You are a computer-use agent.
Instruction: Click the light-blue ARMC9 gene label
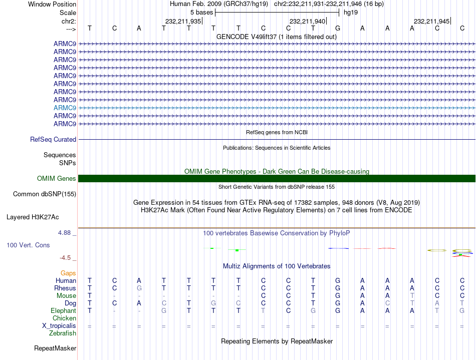pos(65,108)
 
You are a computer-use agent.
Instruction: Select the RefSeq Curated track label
pos(53,140)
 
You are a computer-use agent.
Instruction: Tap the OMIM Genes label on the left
pos(57,179)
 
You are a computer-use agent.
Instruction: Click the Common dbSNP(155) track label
pos(45,194)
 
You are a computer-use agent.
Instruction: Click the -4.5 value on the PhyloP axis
pos(65,258)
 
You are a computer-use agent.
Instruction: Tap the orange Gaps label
pos(68,273)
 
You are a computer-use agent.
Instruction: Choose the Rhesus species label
pos(65,288)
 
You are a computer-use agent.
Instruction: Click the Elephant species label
pos(63,311)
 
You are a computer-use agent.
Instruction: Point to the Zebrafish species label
pos(62,333)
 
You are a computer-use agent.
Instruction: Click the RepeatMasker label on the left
pos(55,348)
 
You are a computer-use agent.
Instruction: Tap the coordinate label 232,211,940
pos(307,21)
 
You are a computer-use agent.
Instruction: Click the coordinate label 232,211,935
pos(183,21)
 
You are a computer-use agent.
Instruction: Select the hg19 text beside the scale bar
pos(351,12)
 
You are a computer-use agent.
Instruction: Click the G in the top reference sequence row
pos(338,28)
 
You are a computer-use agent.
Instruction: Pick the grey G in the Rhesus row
pos(139,288)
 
